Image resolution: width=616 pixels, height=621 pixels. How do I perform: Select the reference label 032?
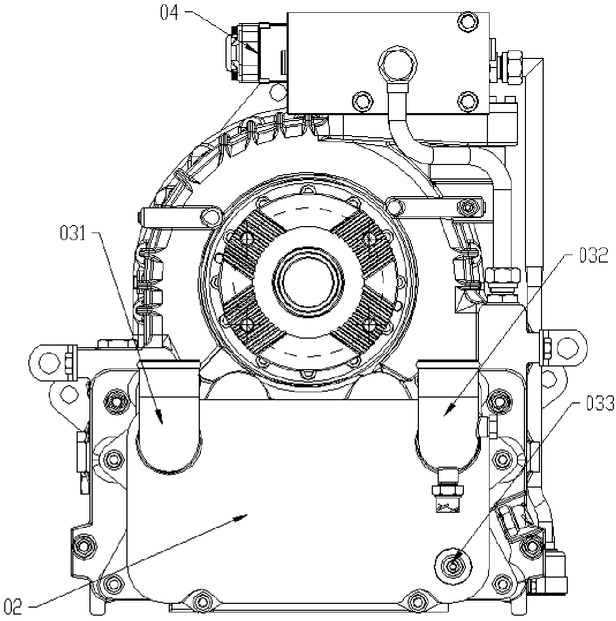594,256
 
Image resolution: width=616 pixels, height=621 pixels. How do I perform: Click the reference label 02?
14,607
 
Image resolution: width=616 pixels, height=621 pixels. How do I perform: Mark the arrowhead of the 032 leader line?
447,413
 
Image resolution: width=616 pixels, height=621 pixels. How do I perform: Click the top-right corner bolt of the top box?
467,22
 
